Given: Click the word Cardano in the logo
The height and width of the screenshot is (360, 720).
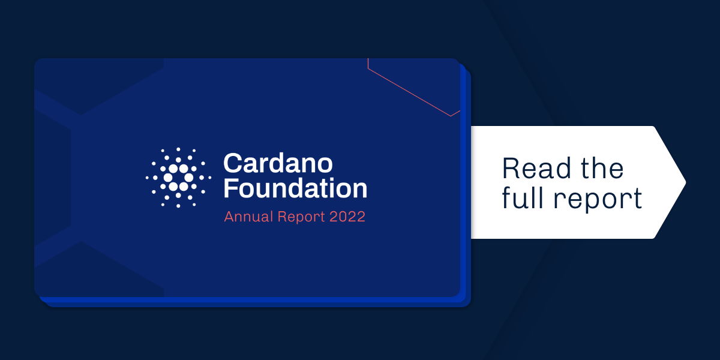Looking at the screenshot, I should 278,163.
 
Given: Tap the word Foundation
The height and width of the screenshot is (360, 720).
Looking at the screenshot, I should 295,188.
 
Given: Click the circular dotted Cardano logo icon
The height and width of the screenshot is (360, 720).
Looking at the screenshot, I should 178,178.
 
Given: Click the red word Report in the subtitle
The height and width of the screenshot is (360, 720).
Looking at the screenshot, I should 301,217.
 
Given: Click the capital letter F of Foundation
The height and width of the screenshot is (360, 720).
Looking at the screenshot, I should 230,188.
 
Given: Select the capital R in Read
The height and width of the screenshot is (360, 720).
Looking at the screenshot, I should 511,169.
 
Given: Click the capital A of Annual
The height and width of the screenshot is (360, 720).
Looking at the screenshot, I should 229,217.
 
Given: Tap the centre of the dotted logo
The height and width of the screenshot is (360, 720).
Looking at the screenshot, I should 178,178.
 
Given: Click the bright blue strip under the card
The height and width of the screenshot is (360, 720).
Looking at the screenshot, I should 252,301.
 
